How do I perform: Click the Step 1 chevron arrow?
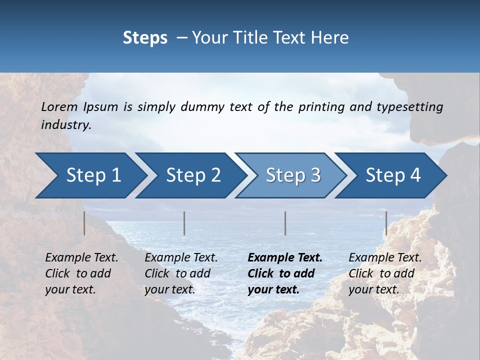[x=90, y=175]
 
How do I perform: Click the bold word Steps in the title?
[x=145, y=37]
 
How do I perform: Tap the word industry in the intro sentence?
[x=66, y=124]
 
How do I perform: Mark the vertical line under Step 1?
[x=84, y=223]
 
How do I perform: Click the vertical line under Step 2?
[x=184, y=223]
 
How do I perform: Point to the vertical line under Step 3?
[x=285, y=223]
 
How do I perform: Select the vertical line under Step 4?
[x=386, y=223]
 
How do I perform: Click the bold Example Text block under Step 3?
[x=284, y=273]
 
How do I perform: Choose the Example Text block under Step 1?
[x=81, y=273]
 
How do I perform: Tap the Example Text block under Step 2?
[x=181, y=273]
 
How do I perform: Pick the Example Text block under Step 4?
[x=385, y=273]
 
